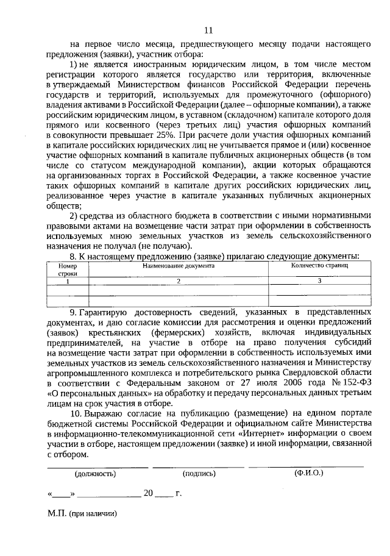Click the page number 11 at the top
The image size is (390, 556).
209,30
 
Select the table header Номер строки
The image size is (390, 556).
68,269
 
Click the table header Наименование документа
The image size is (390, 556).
179,266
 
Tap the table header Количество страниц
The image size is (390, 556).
319,266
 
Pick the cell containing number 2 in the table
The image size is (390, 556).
179,281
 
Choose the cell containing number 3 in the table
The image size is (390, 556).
319,281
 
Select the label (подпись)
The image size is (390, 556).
199,472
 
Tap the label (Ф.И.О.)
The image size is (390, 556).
308,472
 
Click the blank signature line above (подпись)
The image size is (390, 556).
199,466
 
